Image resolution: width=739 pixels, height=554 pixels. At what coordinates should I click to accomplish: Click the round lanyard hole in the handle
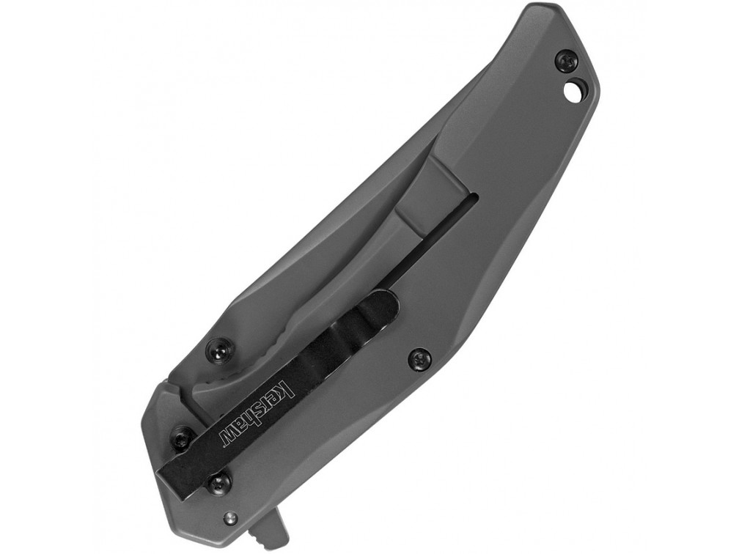click(x=573, y=90)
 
